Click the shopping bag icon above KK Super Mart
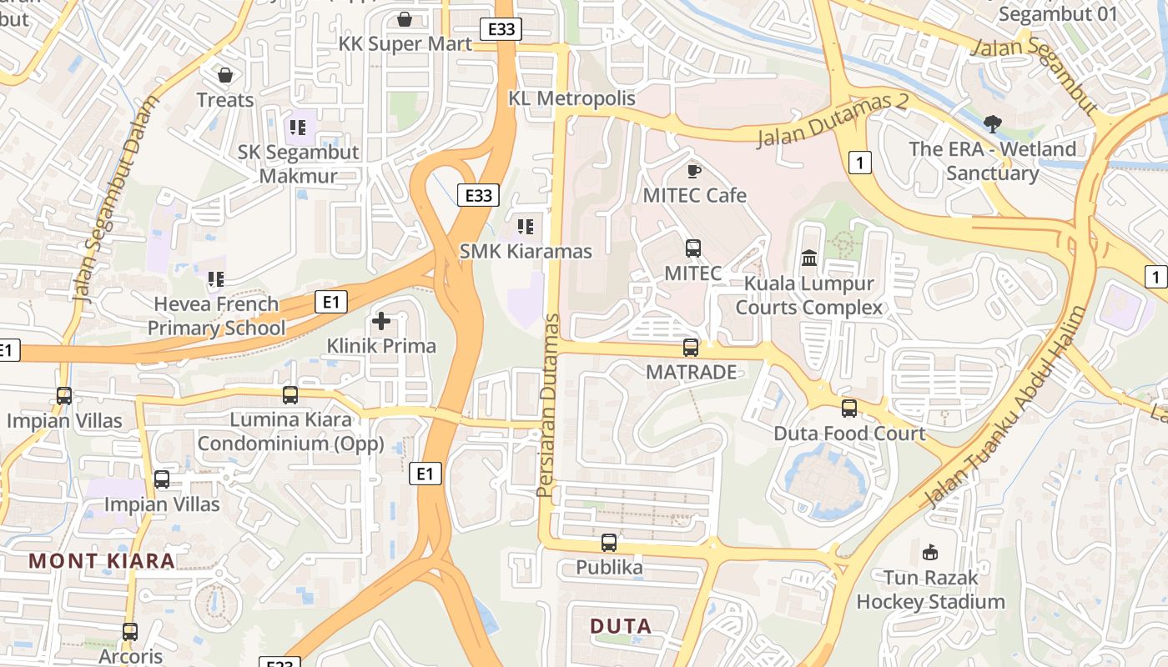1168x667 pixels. pos(405,18)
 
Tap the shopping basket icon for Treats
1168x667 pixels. pos(225,75)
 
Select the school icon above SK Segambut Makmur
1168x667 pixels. pos(298,128)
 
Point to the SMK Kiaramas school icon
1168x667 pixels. pos(525,226)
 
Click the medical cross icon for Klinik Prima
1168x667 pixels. pos(381,320)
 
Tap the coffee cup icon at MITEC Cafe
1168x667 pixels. pos(693,171)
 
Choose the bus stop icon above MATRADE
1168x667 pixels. pos(691,348)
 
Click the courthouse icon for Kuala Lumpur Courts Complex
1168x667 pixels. pos(809,258)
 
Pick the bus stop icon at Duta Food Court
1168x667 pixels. pos(849,409)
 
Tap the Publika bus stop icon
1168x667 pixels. pos(609,543)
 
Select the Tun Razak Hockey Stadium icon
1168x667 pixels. pos(930,552)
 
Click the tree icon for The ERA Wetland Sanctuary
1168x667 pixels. pos(992,125)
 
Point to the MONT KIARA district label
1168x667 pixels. pos(102,560)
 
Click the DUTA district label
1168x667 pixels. pos(620,625)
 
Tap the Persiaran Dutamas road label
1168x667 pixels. pos(548,406)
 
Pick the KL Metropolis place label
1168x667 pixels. pos(572,98)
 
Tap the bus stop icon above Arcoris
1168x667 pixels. pos(129,631)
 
